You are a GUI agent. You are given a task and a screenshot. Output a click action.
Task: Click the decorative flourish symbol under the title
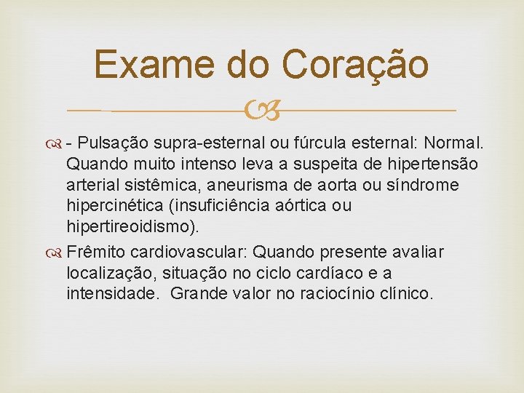[x=262, y=111]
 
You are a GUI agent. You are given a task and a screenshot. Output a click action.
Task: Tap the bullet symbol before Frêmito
[x=57, y=253]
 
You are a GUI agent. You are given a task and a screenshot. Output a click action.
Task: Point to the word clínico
[x=405, y=294]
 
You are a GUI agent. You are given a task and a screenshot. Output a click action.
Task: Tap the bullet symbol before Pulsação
[x=57, y=144]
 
